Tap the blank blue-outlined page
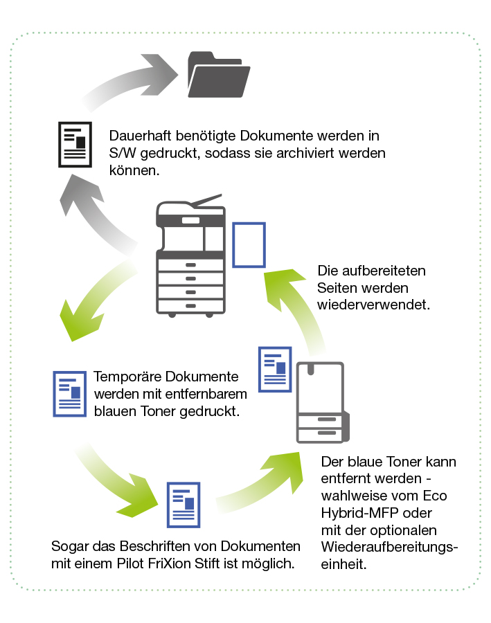pos(249,244)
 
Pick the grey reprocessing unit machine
pos(321,402)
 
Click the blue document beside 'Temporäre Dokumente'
pos(69,393)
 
